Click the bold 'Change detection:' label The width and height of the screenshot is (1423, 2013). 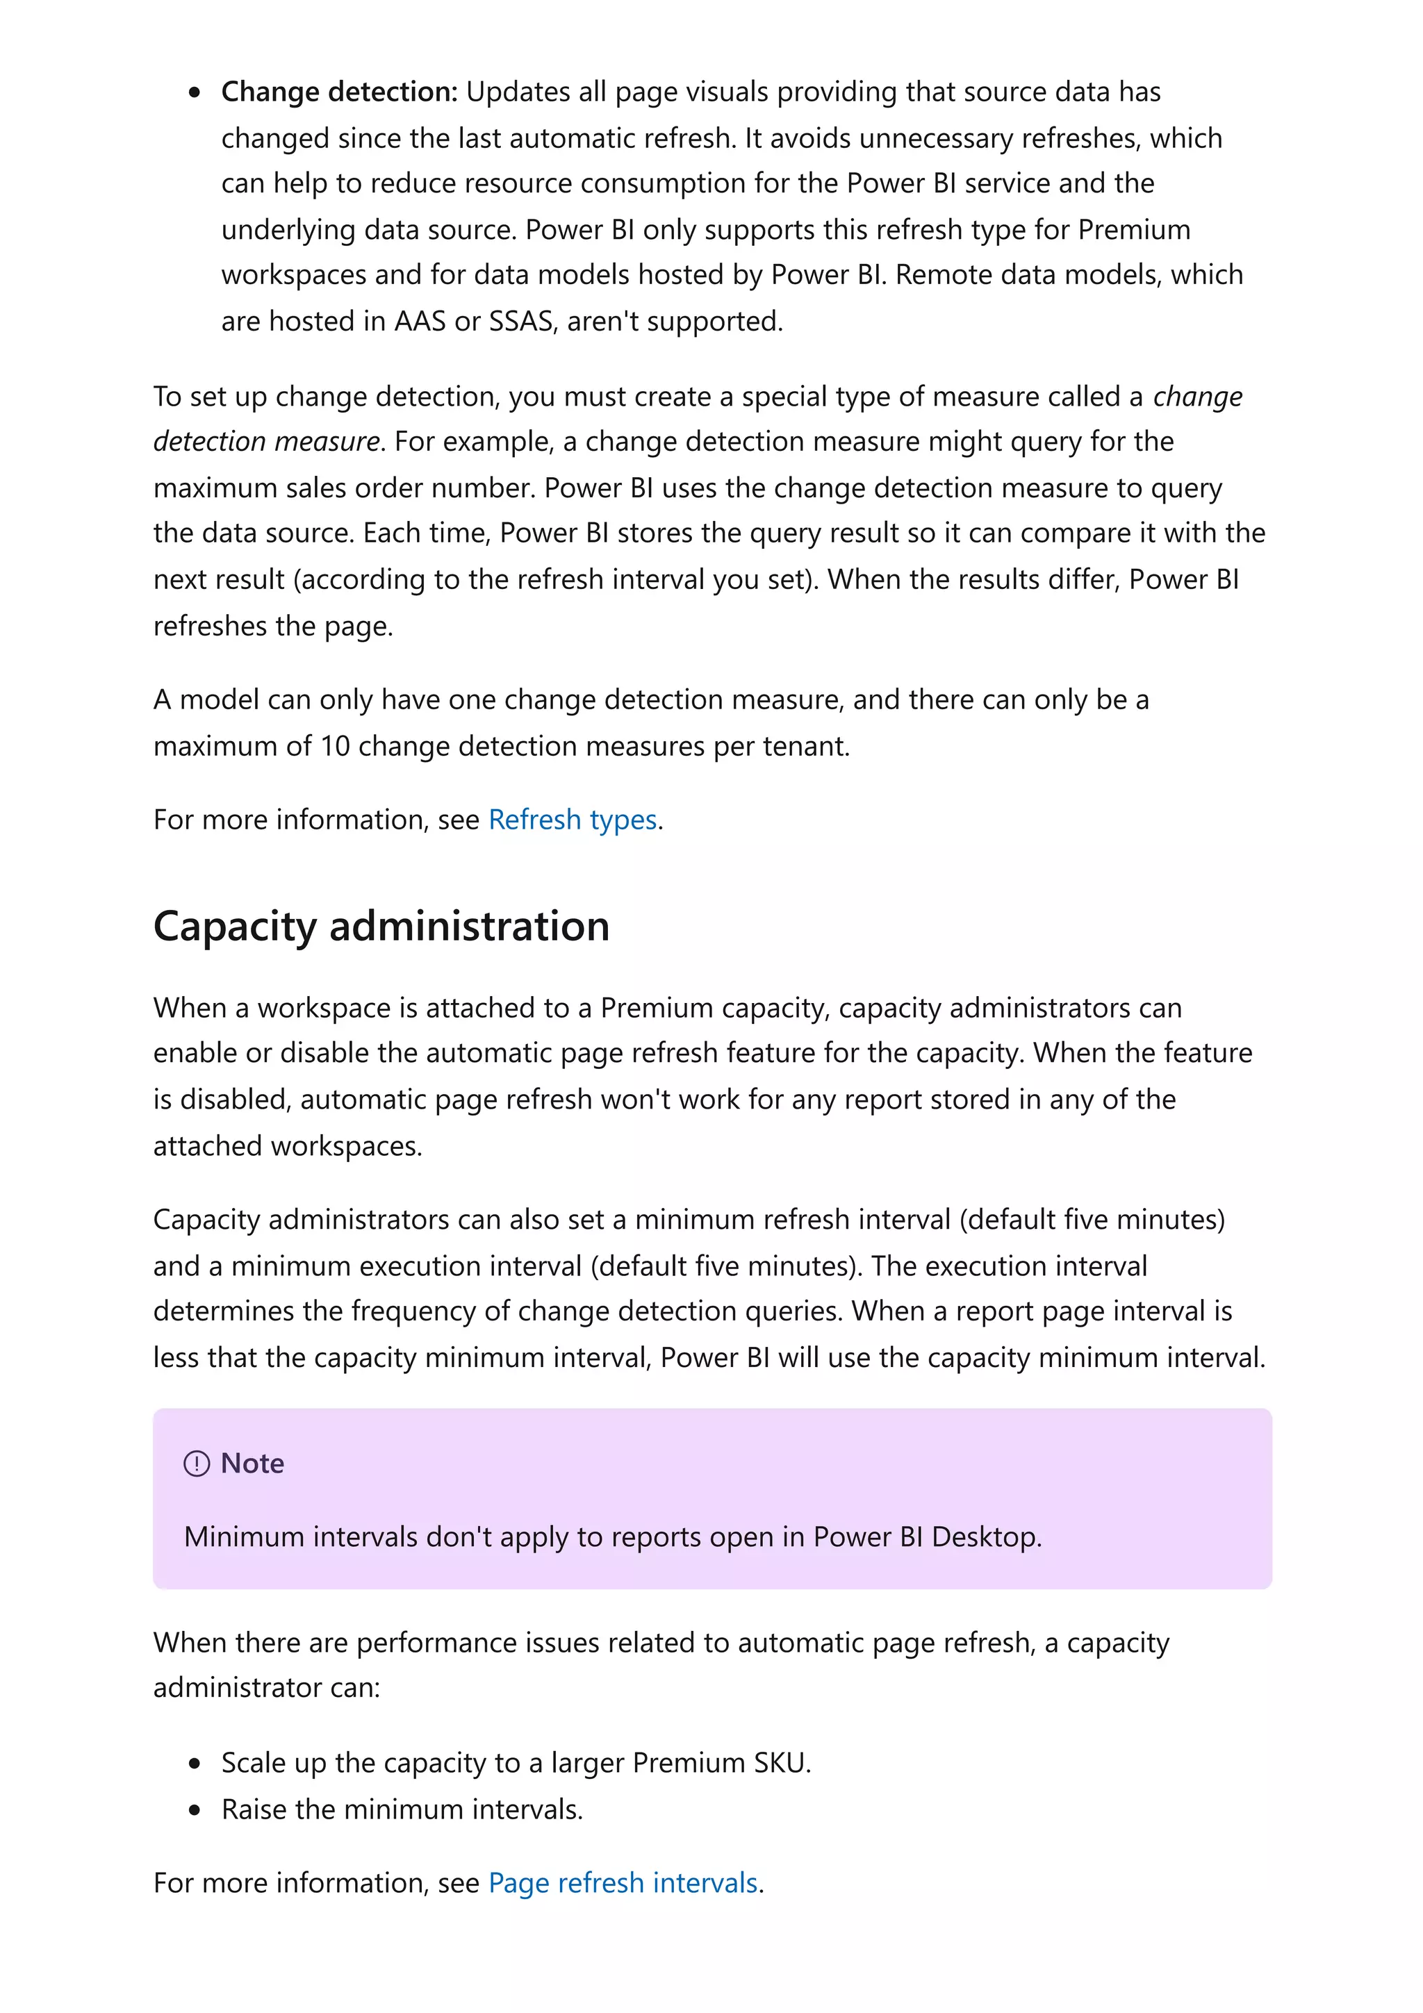(338, 92)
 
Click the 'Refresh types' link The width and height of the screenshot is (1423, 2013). (572, 820)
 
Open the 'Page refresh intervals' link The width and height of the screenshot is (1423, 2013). (623, 1883)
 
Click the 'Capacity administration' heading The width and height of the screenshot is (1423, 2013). (381, 927)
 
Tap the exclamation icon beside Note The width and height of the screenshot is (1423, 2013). (197, 1464)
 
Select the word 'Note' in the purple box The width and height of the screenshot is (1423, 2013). (252, 1464)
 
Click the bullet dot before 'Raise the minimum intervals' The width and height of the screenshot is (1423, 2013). (195, 1809)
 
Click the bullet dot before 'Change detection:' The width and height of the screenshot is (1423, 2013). (195, 93)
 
